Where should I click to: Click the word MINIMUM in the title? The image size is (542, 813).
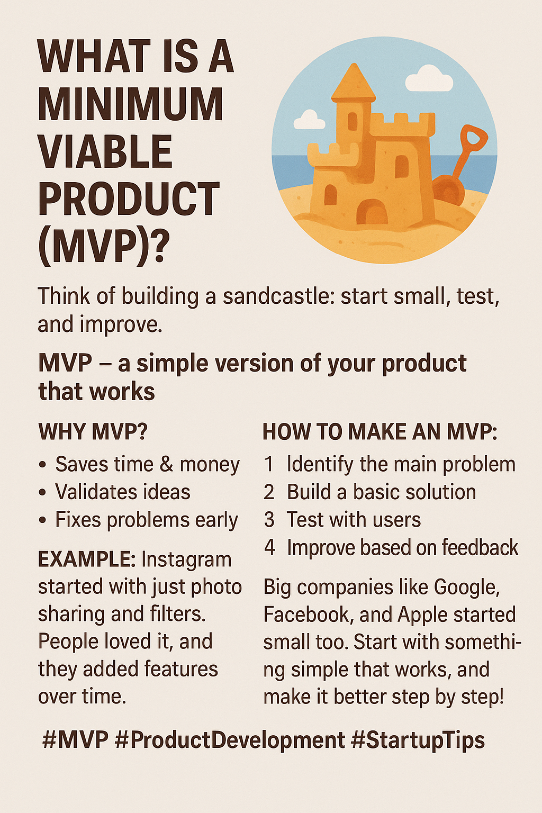[130, 104]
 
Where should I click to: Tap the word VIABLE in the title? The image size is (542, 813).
[105, 151]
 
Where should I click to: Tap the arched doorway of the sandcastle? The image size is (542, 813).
[372, 212]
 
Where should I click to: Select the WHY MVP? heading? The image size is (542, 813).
[93, 431]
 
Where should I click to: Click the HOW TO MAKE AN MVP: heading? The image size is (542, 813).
[380, 432]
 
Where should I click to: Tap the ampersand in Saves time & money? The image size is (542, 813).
[166, 465]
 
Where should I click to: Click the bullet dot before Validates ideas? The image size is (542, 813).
[42, 493]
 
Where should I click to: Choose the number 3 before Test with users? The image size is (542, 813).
[269, 520]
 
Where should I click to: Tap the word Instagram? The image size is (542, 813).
[186, 560]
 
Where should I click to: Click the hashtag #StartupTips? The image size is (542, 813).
[418, 741]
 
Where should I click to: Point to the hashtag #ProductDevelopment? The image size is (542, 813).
[230, 741]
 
